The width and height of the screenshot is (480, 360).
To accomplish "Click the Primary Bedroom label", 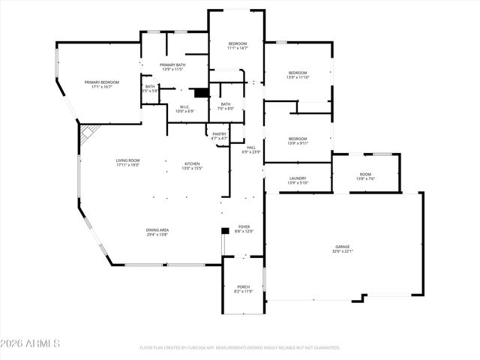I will [103, 85].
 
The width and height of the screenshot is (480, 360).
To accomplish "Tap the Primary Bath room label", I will [172, 67].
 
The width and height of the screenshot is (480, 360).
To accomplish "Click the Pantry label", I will [219, 136].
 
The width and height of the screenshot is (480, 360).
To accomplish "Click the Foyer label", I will [244, 229].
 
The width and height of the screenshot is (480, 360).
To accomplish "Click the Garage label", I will [342, 249].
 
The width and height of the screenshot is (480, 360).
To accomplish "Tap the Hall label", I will [251, 150].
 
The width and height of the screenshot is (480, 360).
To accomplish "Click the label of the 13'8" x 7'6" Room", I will [365, 176].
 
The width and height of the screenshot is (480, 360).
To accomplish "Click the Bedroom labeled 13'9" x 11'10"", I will [298, 75].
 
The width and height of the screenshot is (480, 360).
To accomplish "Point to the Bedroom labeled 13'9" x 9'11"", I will [298, 140].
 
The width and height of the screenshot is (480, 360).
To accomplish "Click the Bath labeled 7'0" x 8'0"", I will [226, 106].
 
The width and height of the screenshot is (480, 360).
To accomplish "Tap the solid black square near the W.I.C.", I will [200, 92].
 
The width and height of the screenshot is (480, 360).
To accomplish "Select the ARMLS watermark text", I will [31, 343].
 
